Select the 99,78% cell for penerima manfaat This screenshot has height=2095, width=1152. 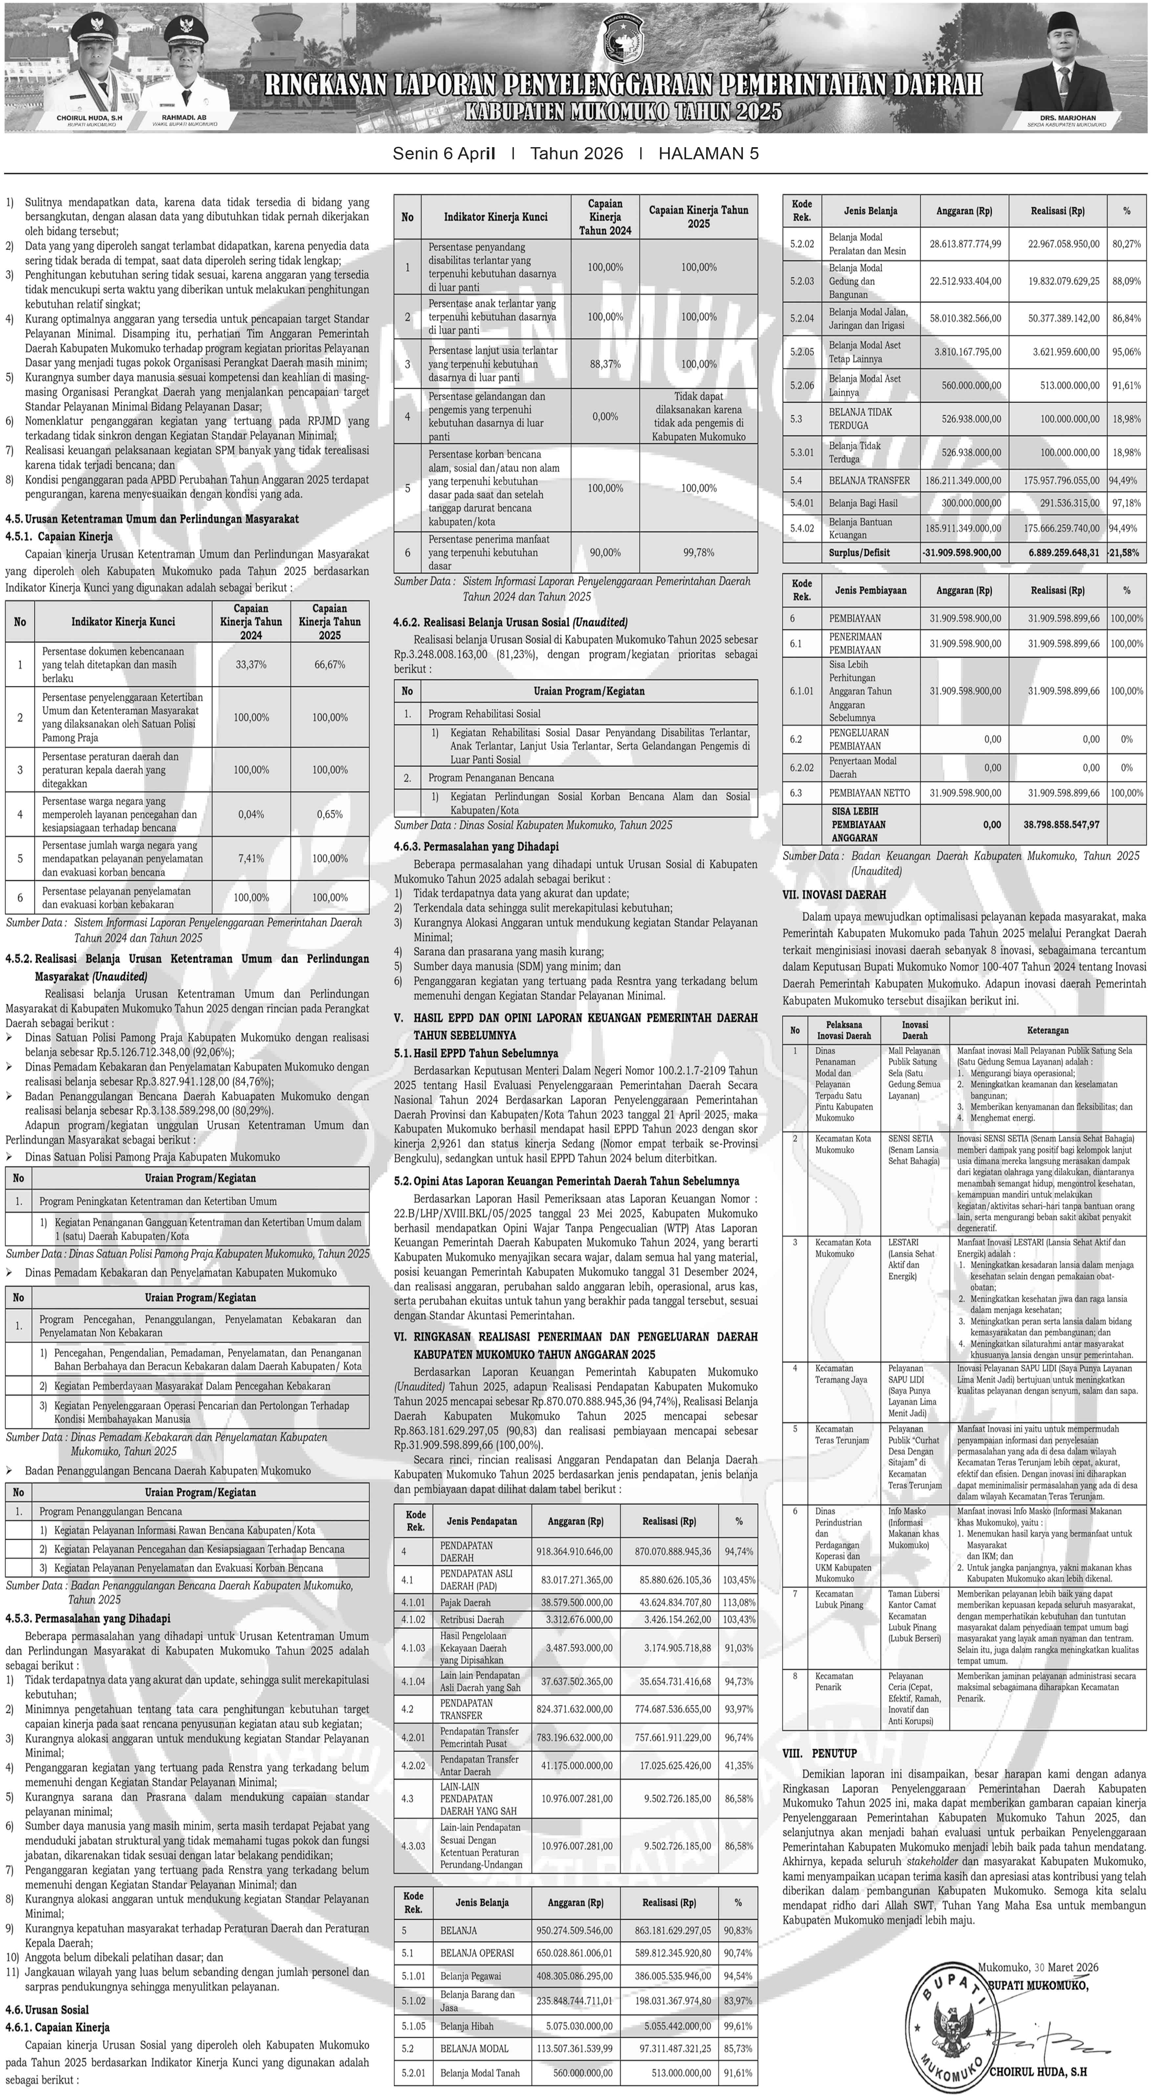pyautogui.click(x=698, y=552)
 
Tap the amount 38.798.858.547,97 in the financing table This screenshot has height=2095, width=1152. pyautogui.click(x=1061, y=825)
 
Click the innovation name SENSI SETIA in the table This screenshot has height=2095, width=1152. pyautogui.click(x=911, y=1138)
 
